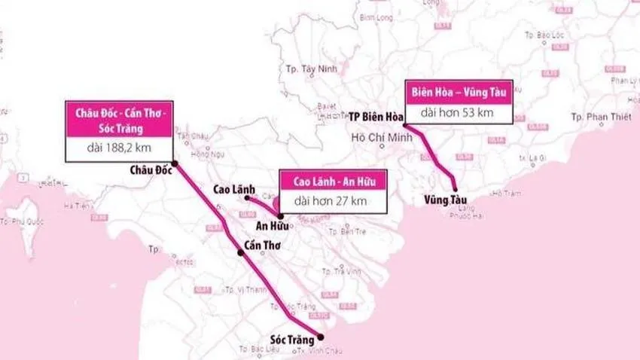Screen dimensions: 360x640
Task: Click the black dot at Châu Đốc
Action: [175, 163]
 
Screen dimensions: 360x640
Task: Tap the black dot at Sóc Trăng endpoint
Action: [321, 337]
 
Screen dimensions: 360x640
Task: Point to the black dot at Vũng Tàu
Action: [455, 189]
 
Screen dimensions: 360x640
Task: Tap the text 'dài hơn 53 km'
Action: [457, 113]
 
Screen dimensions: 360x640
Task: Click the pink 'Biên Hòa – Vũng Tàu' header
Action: [458, 91]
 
